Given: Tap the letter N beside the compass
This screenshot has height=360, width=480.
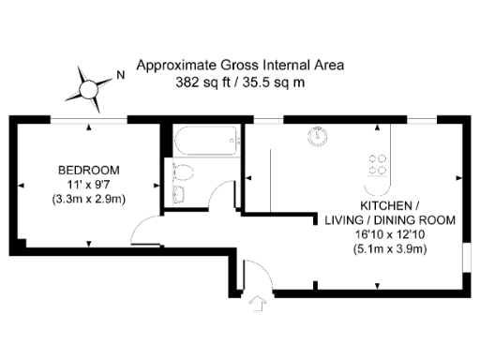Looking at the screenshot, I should point(119,72).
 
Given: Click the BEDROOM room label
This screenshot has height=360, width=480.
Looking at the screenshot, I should point(89,170).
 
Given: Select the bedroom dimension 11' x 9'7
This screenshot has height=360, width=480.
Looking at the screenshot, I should point(89,185).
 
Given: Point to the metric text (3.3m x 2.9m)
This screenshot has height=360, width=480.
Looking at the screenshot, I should point(89,200).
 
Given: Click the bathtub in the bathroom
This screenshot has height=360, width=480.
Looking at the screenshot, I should point(203,143).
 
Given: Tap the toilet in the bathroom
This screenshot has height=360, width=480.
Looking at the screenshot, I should point(184,173).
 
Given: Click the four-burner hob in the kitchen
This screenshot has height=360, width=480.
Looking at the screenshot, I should point(378,165).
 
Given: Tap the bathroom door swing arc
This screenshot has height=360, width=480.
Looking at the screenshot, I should point(223,196).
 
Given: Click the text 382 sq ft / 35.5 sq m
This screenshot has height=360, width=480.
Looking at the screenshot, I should point(240,82).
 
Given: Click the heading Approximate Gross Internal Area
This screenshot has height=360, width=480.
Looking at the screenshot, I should point(240,66).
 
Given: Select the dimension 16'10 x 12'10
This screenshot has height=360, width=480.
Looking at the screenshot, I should point(390,234).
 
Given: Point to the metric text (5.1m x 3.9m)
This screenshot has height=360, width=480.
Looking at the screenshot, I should point(390,249).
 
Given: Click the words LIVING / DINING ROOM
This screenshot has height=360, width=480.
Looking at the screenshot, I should point(390,220).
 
